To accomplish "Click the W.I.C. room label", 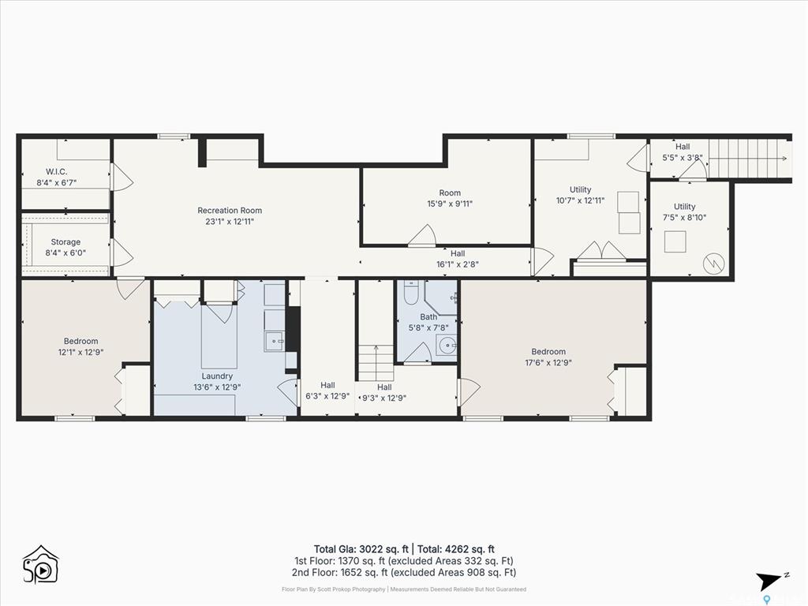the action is pyautogui.click(x=56, y=171).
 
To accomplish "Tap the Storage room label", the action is pyautogui.click(x=65, y=241).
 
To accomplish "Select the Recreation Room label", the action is pyautogui.click(x=230, y=210).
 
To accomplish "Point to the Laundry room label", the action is pyautogui.click(x=217, y=376).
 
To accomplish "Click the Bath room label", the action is pyautogui.click(x=428, y=317).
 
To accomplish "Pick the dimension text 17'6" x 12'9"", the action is pyautogui.click(x=548, y=363).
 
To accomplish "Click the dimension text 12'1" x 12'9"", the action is pyautogui.click(x=81, y=352).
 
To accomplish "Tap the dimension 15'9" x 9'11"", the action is pyautogui.click(x=450, y=204).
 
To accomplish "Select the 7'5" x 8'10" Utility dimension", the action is pyautogui.click(x=684, y=218).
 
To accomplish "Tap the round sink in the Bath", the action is pyautogui.click(x=447, y=345).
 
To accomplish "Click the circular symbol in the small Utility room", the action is pyautogui.click(x=713, y=264).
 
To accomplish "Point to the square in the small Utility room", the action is pyautogui.click(x=675, y=241).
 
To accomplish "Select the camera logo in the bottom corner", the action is pyautogui.click(x=41, y=565).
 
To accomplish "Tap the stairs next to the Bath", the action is pyautogui.click(x=376, y=363).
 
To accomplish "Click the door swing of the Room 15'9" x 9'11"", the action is pyautogui.click(x=423, y=235).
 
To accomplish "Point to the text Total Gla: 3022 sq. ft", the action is pyautogui.click(x=361, y=549).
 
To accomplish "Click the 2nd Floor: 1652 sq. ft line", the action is pyautogui.click(x=403, y=572).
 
